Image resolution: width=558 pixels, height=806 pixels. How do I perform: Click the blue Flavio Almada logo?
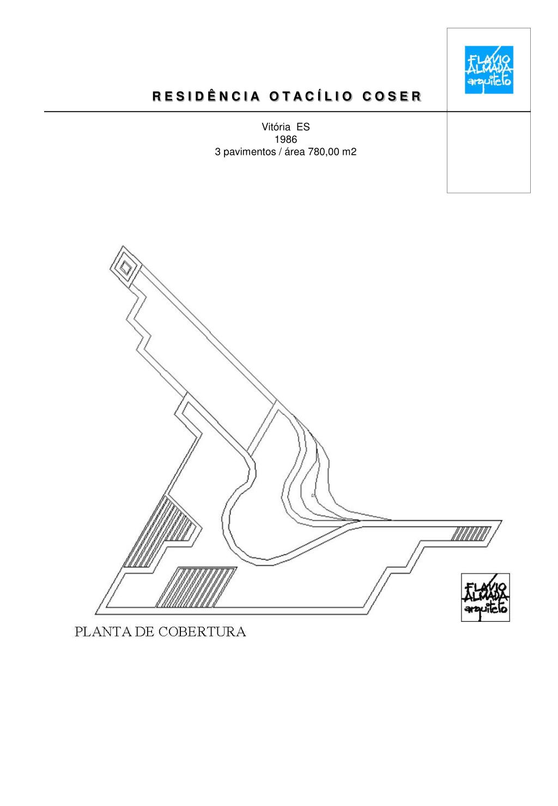[488, 69]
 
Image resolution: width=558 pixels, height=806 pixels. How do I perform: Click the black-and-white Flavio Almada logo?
[485, 597]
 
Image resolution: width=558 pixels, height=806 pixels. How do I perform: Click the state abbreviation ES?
[303, 127]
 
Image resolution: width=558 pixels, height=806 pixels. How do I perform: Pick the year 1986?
[286, 140]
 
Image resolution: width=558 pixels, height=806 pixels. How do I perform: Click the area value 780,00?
[324, 152]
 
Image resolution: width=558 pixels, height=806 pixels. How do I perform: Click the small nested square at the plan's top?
[126, 266]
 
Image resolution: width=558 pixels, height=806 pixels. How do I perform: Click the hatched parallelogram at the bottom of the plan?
[197, 587]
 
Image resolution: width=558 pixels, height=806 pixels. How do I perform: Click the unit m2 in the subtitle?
[349, 152]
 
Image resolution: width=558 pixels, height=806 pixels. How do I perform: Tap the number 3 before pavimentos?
[217, 152]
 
